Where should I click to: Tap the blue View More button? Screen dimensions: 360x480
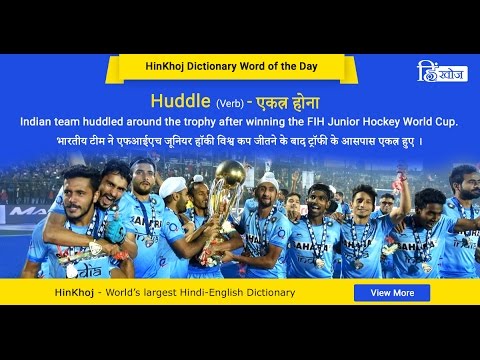392,293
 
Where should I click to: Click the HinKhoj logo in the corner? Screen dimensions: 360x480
441,71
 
